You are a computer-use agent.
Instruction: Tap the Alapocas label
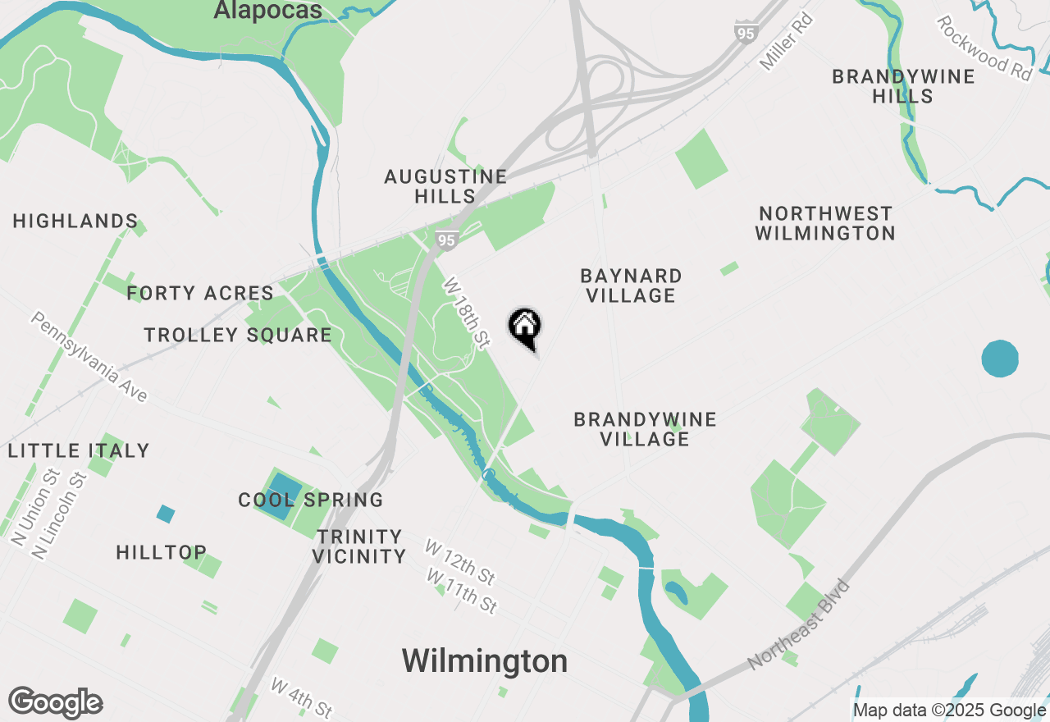[267, 11]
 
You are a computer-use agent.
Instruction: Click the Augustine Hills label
[445, 186]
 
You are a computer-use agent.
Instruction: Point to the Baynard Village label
[631, 286]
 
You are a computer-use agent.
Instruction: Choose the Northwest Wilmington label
[824, 223]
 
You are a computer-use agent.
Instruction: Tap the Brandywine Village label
[645, 429]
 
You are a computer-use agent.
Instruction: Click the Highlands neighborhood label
[75, 221]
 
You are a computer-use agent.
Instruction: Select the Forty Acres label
[200, 293]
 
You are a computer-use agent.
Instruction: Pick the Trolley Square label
[238, 335]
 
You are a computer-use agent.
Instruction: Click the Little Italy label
[79, 450]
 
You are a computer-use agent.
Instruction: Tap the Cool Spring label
[311, 500]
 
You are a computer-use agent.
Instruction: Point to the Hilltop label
[162, 552]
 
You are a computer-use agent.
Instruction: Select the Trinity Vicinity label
[359, 546]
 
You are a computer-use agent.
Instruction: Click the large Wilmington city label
[484, 660]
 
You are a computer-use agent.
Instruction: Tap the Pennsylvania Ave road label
[90, 357]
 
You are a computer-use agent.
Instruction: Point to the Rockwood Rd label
[984, 48]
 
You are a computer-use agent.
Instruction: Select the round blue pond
[1000, 359]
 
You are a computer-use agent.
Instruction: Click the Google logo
[56, 703]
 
